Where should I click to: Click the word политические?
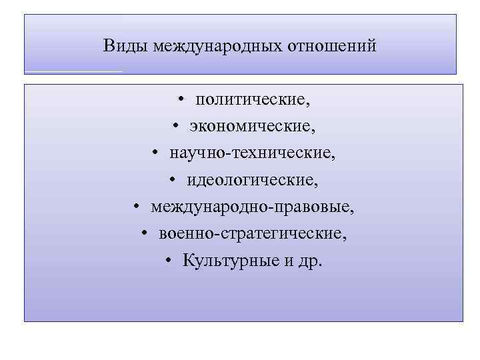(x=253, y=100)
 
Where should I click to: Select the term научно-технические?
(x=253, y=153)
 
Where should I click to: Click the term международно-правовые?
(x=253, y=207)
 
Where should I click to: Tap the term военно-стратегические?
(x=253, y=233)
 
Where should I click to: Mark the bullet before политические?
(x=181, y=101)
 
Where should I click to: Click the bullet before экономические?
(x=174, y=127)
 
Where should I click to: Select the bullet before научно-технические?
(x=154, y=154)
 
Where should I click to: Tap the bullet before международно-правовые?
(x=135, y=207)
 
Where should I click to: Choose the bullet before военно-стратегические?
(x=145, y=234)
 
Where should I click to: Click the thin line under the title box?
(x=73, y=71)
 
